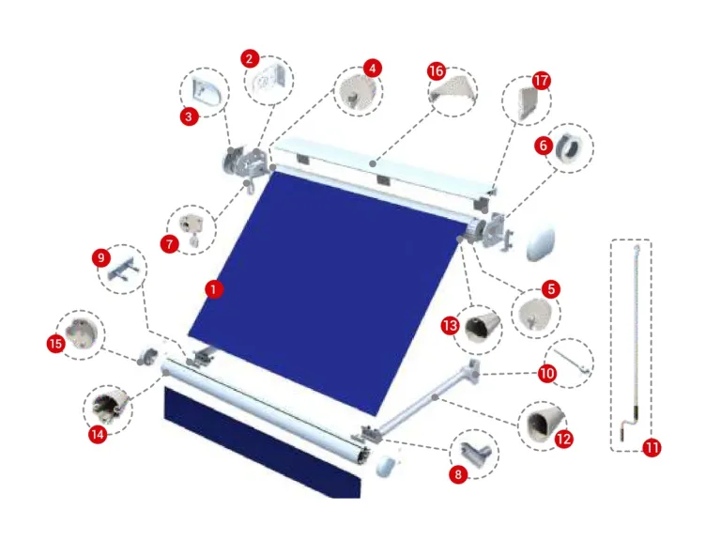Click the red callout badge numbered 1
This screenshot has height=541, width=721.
213,289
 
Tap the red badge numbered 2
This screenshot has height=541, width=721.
250,59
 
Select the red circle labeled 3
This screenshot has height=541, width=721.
189,116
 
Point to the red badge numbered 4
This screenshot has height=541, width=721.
373,69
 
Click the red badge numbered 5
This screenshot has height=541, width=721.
551,289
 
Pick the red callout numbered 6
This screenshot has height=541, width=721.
544,146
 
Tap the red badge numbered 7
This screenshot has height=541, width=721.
170,244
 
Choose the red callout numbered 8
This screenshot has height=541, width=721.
458,474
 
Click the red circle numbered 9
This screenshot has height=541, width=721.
101,257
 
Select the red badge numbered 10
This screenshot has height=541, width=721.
547,373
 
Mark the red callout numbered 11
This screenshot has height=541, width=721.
652,447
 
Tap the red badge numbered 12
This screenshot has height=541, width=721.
563,439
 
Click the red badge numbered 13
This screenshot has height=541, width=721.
450,326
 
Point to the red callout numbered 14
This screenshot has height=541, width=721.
98,434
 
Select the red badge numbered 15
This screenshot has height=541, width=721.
56,344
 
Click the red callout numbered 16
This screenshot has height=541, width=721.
437,70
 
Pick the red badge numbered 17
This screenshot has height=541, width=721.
541,81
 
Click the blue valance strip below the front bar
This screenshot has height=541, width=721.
263,442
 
